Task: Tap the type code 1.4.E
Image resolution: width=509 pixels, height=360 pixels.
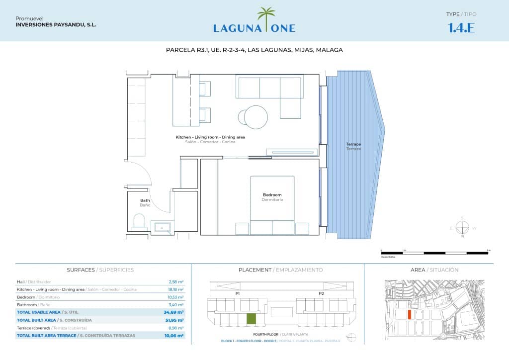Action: click(x=461, y=28)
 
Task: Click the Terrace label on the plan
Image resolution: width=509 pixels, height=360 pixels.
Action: click(x=353, y=144)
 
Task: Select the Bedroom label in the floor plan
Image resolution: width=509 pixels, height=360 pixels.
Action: click(x=272, y=195)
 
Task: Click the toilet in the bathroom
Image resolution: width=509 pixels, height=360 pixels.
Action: click(x=140, y=221)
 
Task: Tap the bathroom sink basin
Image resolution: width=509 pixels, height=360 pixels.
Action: click(x=162, y=228)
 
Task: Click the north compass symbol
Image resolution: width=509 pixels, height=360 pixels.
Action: click(x=462, y=228)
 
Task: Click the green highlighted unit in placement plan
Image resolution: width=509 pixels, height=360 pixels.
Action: click(x=252, y=319)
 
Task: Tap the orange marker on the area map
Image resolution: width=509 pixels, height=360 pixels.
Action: click(x=409, y=314)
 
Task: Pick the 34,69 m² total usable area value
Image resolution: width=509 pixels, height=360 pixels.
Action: click(x=174, y=312)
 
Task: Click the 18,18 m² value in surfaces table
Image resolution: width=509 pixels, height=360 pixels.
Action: click(x=176, y=289)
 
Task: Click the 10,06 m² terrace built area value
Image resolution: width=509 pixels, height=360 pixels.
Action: click(x=174, y=336)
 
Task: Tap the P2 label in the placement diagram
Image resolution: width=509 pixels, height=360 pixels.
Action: click(x=321, y=294)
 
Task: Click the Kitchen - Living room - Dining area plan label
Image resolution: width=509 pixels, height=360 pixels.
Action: click(x=210, y=137)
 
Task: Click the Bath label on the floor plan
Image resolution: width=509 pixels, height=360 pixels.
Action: click(x=145, y=200)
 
